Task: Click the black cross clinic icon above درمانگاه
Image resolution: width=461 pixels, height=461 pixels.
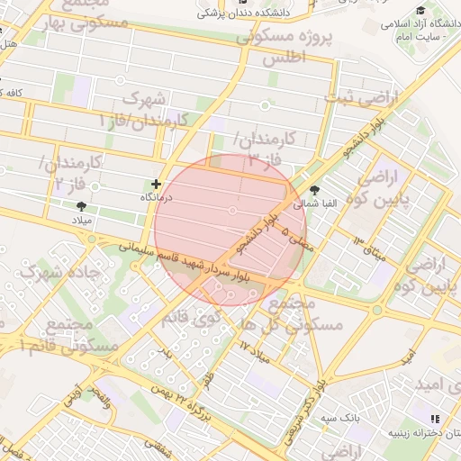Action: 156,184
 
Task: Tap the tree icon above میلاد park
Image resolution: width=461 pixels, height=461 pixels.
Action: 81,206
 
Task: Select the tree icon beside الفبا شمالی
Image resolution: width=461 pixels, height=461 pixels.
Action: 314,190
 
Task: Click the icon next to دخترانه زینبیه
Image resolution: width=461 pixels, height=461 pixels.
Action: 436,419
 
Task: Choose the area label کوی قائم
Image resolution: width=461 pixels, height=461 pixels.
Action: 193,316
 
